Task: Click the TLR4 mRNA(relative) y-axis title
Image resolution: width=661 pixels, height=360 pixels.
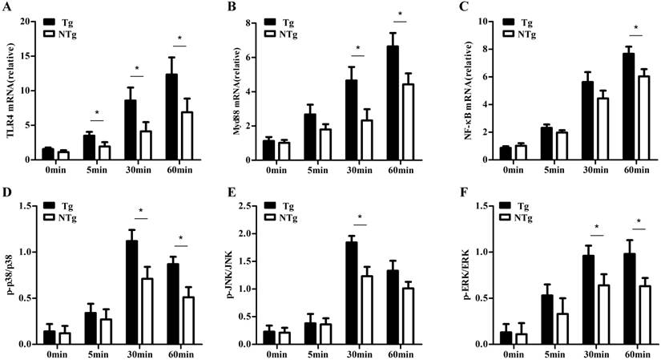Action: (9, 87)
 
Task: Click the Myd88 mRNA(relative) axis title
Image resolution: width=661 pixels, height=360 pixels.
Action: (238, 88)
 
